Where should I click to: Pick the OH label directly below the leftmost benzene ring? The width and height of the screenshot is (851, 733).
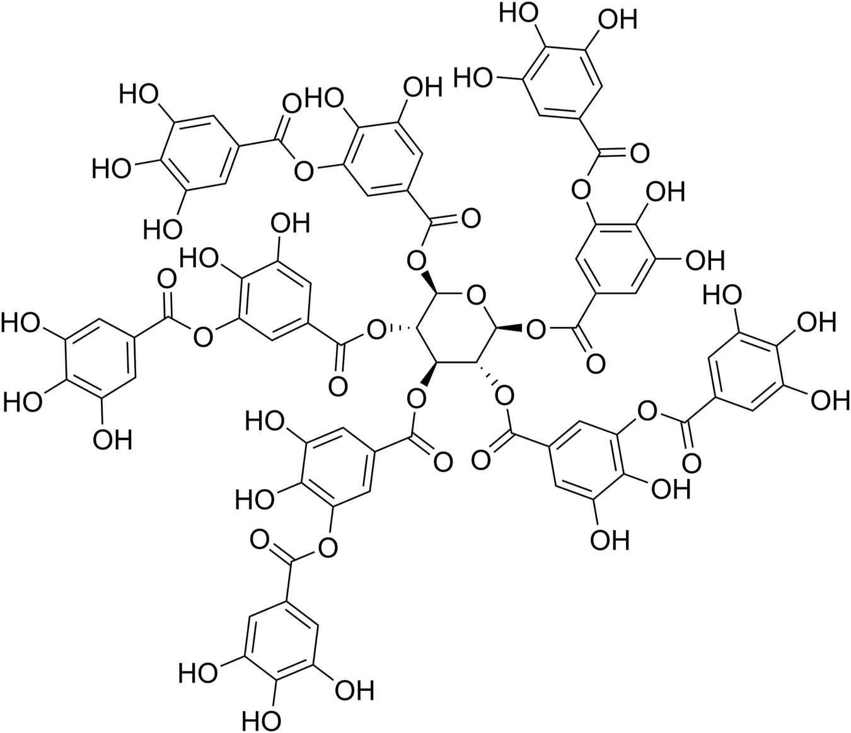pyautogui.click(x=112, y=439)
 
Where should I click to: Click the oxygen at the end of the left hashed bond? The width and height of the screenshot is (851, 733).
pyautogui.click(x=378, y=328)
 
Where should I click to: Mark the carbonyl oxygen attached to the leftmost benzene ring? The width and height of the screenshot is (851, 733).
pyautogui.click(x=167, y=278)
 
